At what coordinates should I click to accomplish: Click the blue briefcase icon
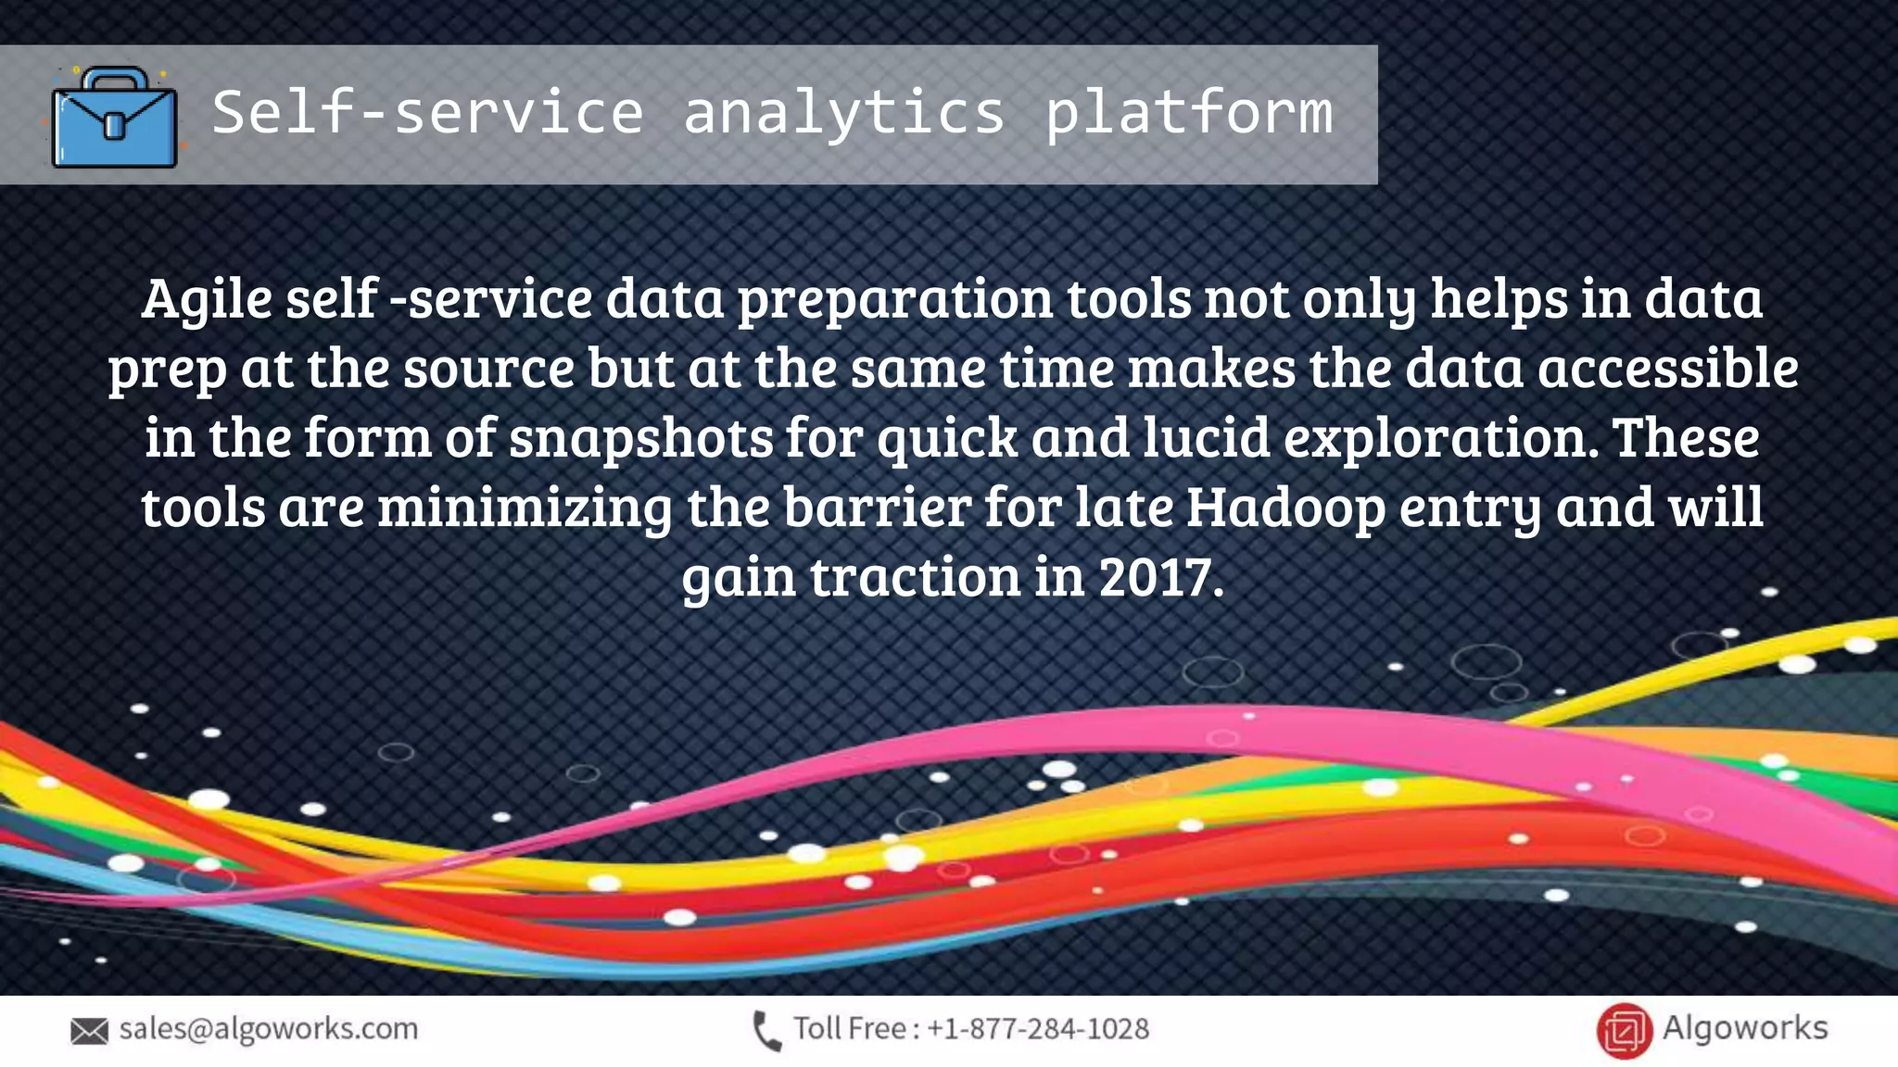click(x=114, y=118)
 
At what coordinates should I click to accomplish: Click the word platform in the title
click(x=1189, y=113)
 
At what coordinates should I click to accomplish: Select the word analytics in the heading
click(x=843, y=113)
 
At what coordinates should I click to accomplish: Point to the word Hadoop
click(x=1285, y=508)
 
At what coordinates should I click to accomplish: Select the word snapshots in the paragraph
click(x=640, y=437)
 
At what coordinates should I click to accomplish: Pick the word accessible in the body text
click(x=1668, y=368)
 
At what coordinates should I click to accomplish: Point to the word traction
click(x=916, y=577)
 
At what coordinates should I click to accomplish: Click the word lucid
click(x=1206, y=437)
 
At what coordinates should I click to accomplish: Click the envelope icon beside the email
click(x=89, y=1031)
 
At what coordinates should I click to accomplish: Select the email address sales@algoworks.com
click(x=269, y=1029)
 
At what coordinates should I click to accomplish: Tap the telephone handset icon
click(x=766, y=1031)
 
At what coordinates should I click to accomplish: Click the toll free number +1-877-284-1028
click(x=1038, y=1029)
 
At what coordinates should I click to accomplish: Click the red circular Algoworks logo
click(x=1624, y=1030)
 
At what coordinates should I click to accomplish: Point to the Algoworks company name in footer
click(x=1744, y=1028)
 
